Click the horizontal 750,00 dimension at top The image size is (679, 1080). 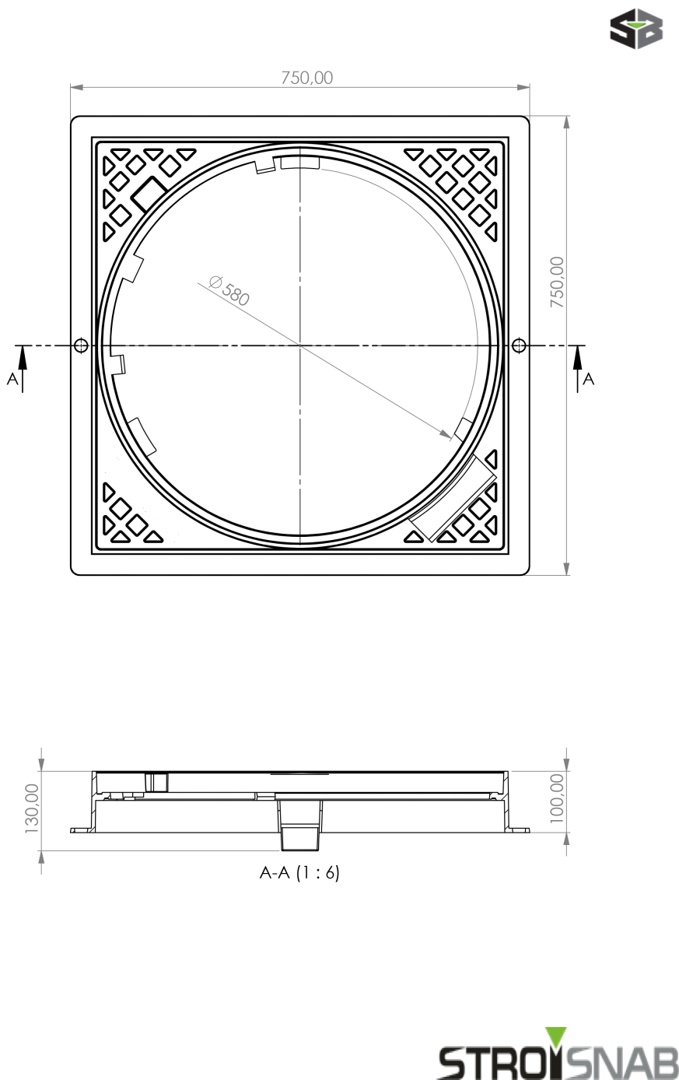pos(306,78)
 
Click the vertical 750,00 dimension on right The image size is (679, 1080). pos(557,282)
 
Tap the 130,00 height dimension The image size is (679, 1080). pos(32,808)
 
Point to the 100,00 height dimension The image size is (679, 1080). pos(556,802)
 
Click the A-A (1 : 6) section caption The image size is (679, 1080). pos(299,873)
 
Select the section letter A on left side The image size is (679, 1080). pos(11,379)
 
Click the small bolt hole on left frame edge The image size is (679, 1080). pos(80,345)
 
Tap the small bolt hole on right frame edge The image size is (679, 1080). pos(519,345)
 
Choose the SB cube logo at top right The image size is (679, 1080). pos(636,29)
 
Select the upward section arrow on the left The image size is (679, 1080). pos(23,359)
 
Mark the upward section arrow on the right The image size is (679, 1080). pos(577,359)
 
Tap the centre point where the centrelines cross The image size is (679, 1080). pos(299,345)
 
